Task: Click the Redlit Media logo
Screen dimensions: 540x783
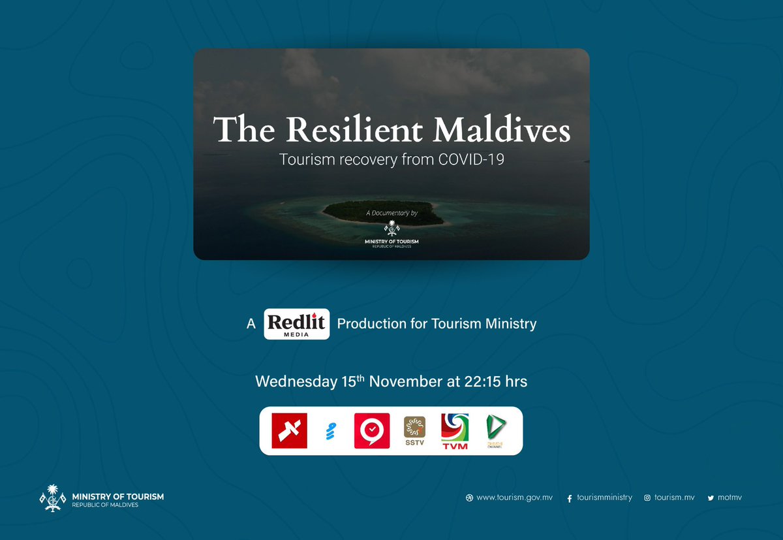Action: point(297,324)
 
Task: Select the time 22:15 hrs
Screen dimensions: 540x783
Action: point(497,381)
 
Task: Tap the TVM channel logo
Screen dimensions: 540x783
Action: point(454,431)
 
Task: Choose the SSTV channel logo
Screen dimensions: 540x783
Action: point(414,431)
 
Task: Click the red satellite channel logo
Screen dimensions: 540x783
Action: point(289,431)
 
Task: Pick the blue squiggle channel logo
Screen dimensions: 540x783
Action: point(330,431)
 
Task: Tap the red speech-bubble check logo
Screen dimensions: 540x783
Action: point(372,431)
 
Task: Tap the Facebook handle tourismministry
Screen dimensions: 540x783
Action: point(604,498)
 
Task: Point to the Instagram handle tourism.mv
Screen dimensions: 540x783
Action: point(674,498)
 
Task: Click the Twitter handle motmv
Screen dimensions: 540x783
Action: point(729,498)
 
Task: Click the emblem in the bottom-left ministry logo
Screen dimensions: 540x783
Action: point(54,499)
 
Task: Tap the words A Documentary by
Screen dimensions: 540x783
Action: point(391,213)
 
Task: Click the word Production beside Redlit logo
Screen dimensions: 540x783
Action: point(371,323)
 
